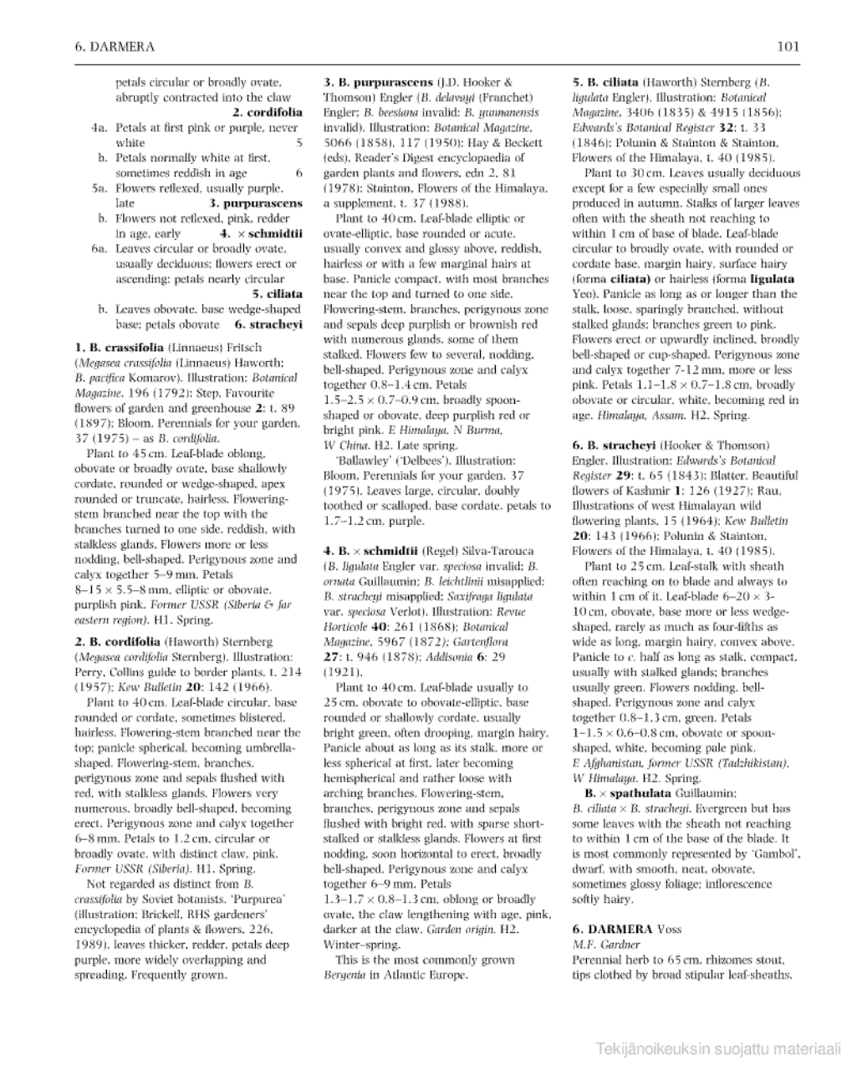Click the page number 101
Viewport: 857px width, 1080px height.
(788, 47)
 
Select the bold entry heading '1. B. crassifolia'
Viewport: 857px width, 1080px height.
(120, 348)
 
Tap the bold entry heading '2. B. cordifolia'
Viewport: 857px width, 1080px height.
(118, 642)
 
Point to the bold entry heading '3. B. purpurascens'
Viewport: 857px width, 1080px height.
(378, 83)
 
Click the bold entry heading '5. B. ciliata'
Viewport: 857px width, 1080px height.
(607, 83)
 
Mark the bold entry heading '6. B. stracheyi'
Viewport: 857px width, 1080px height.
(617, 446)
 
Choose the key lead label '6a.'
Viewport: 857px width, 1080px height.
(99, 249)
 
